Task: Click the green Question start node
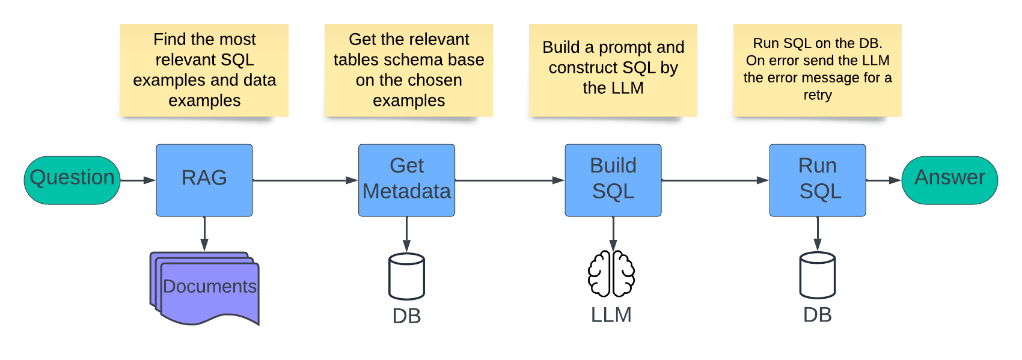coord(72,180)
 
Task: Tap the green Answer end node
coord(949,180)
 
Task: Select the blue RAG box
coord(204,180)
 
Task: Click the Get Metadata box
coord(406,180)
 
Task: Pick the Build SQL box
coord(613,180)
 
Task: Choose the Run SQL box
coord(817,180)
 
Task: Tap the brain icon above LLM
coord(611,274)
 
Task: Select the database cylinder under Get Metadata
coord(406,276)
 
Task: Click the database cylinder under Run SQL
coord(817,275)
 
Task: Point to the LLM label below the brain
coord(611,315)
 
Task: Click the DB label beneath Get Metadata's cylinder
coord(406,316)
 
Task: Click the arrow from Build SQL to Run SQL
coord(715,180)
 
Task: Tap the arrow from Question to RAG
coord(138,180)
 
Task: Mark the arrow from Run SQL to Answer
coord(883,180)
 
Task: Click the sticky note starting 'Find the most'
coord(204,70)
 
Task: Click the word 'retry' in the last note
coord(818,95)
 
